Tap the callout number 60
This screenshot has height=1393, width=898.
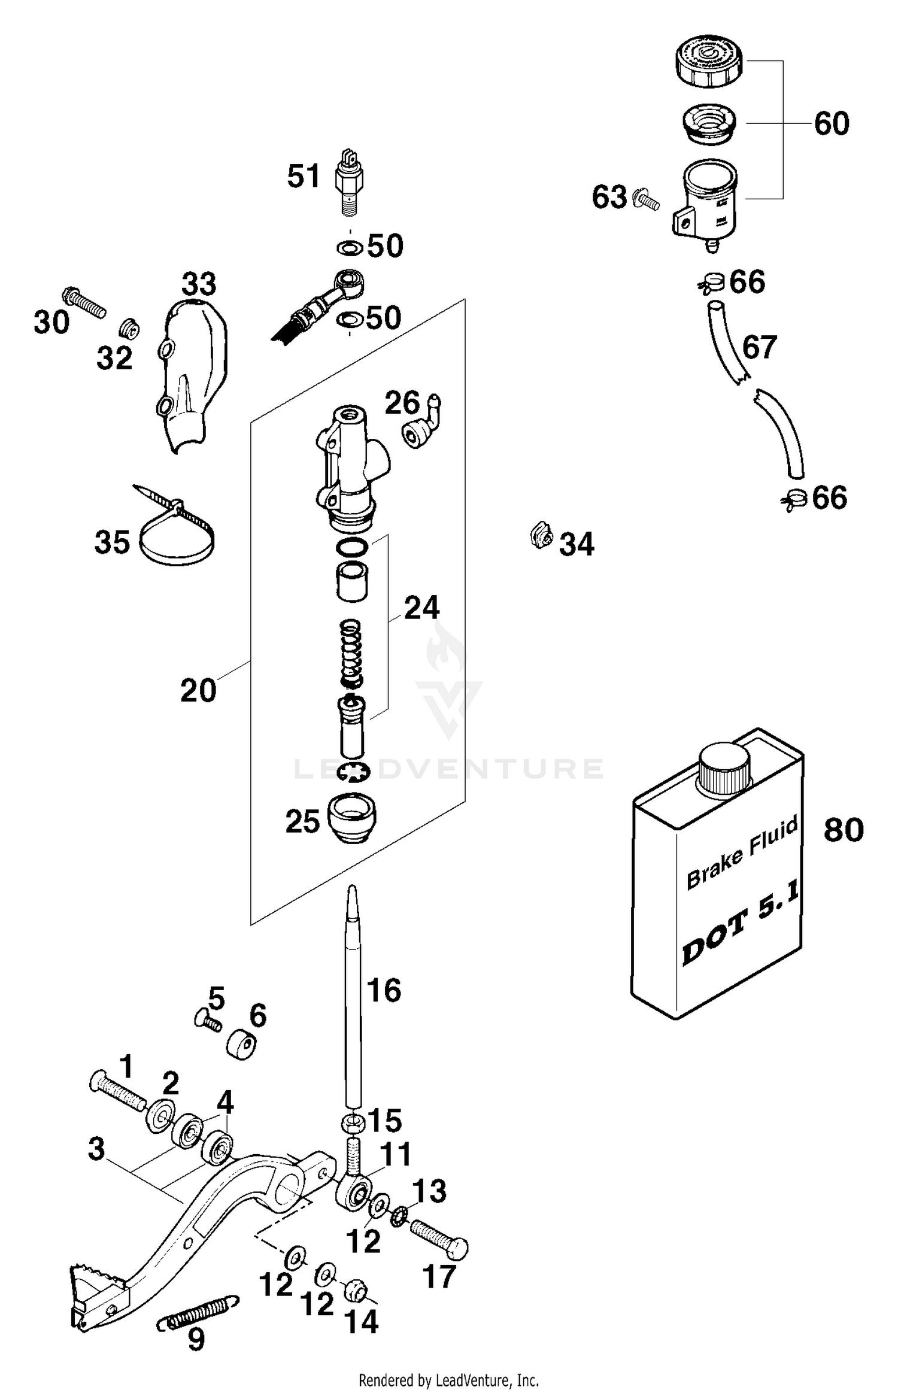832,124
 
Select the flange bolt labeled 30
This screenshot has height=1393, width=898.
84,303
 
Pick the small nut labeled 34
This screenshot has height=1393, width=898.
541,534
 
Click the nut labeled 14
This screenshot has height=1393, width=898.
354,1291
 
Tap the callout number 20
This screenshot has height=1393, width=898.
198,691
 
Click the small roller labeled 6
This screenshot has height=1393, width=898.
242,1045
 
